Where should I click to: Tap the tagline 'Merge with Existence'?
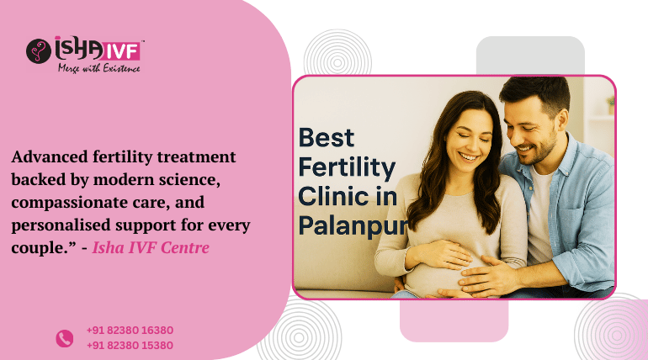(x=98, y=67)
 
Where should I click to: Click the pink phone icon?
(x=65, y=338)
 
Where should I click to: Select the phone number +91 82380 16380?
(x=130, y=331)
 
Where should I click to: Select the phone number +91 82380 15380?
(x=130, y=345)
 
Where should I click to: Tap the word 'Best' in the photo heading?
(x=327, y=137)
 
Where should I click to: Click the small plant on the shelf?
(x=610, y=104)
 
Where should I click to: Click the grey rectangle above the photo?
(x=530, y=56)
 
